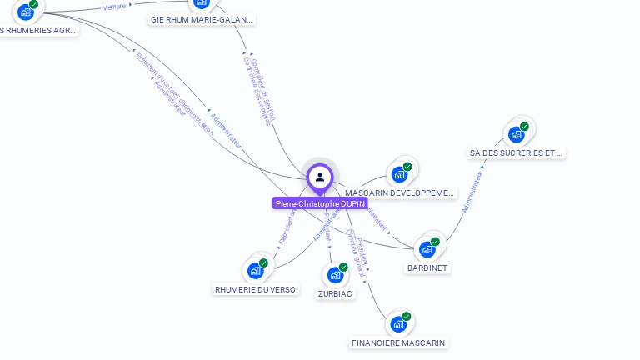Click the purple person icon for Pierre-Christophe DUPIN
coord(320,177)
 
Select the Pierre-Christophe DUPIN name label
coord(320,203)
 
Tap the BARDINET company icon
coord(427,249)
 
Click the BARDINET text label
coord(427,268)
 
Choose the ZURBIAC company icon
coord(335,274)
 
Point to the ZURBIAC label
coord(335,293)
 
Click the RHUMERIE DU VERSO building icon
coord(256,271)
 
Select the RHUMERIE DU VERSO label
coord(255,290)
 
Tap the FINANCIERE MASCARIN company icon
coord(398,324)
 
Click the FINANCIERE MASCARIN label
coord(398,343)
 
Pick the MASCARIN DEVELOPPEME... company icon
coord(399,174)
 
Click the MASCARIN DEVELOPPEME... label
coord(401,193)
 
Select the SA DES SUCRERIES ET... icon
coord(517,134)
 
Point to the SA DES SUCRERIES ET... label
coord(517,153)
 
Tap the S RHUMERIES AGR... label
coord(37,31)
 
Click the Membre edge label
coord(114,7)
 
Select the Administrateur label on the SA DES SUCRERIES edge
coord(472,192)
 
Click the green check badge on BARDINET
coord(435,242)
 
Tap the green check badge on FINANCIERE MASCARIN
coord(407,317)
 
